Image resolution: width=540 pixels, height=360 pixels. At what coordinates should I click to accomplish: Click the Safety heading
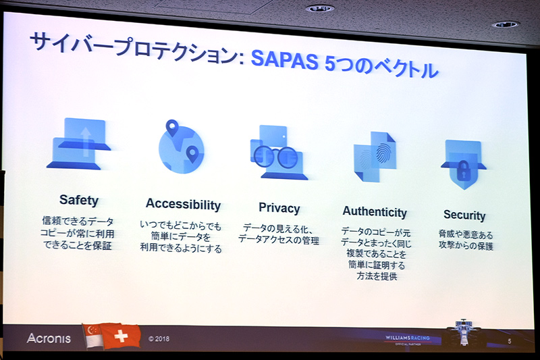(78, 200)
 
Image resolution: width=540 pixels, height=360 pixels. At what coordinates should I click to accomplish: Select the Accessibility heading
(183, 205)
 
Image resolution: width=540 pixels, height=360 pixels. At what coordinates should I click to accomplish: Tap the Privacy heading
(279, 208)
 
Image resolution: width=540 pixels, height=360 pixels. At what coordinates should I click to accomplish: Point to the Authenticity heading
(375, 212)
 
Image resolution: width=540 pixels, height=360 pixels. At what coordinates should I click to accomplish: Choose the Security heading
(464, 215)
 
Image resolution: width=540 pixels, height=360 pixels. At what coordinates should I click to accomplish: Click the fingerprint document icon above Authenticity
(375, 157)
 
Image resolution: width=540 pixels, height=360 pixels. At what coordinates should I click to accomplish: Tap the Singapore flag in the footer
(94, 336)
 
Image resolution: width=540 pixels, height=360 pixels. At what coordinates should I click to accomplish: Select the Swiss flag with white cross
(122, 336)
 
